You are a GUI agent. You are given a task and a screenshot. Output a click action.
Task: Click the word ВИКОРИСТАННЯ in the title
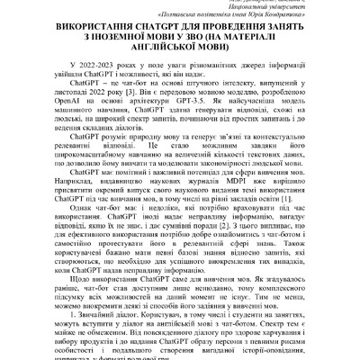click(98, 39)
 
